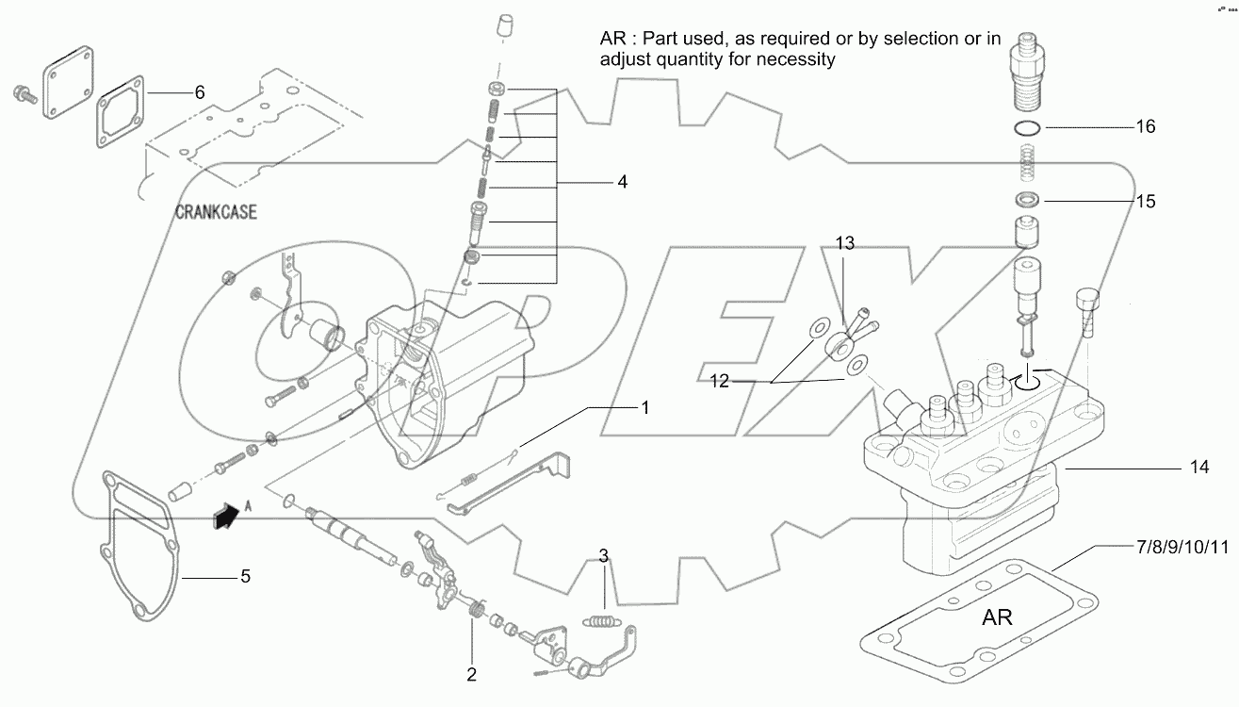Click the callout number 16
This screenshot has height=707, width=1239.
pos(1146,126)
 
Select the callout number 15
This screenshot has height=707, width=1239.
pos(1146,201)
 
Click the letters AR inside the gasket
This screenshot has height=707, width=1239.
pos(997,617)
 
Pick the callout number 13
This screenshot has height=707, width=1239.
pos(844,244)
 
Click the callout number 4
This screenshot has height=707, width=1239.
pos(622,181)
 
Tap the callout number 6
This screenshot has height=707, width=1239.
pos(199,92)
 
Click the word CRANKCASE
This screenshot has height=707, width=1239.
pos(216,213)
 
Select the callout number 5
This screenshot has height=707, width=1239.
pos(244,575)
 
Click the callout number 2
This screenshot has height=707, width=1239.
pos(471,674)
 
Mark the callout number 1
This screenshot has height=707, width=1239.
pos(645,407)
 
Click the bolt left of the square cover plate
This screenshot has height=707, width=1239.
pos(22,93)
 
